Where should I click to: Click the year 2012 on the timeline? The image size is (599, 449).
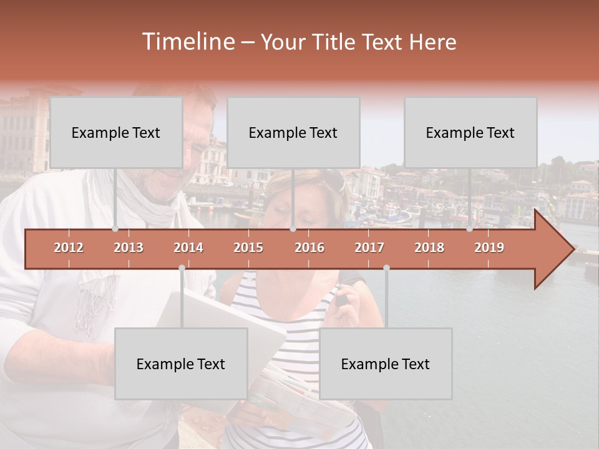(69, 248)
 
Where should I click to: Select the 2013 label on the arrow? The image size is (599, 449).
(129, 248)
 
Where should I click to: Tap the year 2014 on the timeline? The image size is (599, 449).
(188, 248)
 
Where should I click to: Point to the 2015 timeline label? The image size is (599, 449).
(248, 248)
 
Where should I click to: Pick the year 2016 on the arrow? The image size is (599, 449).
(309, 248)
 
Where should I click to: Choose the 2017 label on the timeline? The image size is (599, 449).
(369, 248)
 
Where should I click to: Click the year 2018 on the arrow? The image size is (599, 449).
(429, 248)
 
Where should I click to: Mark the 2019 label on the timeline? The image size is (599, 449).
(489, 248)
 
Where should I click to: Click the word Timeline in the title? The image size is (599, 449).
(187, 42)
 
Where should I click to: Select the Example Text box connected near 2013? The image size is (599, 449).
(116, 132)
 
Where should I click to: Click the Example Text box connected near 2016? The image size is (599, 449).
(293, 132)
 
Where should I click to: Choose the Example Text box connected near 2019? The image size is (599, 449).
(470, 132)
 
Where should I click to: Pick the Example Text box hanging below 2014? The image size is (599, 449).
(181, 364)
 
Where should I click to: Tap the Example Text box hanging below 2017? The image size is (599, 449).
(386, 364)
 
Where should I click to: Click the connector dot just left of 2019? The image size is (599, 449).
(470, 229)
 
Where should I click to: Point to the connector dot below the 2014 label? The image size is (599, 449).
(182, 268)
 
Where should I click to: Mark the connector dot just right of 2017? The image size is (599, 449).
(386, 268)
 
